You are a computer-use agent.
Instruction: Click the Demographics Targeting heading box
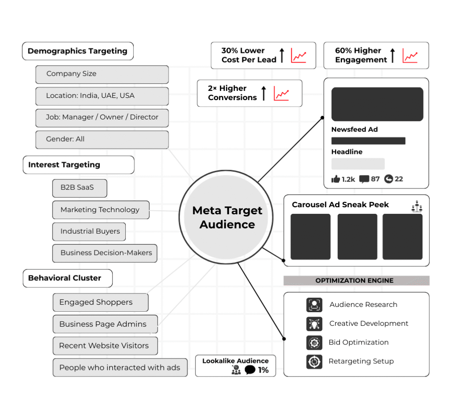click(78, 51)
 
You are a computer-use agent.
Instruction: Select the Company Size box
click(102, 74)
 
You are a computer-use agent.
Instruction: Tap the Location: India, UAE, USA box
click(102, 96)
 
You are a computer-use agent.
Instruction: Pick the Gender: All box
click(102, 139)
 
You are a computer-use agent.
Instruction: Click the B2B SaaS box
click(79, 188)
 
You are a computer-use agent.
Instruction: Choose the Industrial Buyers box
click(89, 231)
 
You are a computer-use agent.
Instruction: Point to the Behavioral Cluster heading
click(68, 278)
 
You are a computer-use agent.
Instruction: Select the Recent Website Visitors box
click(105, 346)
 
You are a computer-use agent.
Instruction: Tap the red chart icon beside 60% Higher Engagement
click(410, 56)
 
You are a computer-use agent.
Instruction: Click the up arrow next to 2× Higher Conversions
click(264, 93)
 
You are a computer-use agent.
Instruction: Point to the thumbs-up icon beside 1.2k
click(335, 179)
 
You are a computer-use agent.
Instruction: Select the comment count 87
click(375, 179)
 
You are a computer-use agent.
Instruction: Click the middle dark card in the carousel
click(357, 237)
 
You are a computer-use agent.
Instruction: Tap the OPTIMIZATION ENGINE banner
click(356, 280)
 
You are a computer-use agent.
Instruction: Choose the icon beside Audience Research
click(314, 305)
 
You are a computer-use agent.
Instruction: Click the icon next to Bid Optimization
click(314, 343)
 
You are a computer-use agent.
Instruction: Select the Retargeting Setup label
click(361, 362)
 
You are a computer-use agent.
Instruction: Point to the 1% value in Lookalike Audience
click(264, 370)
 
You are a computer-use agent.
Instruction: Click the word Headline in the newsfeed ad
click(347, 152)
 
